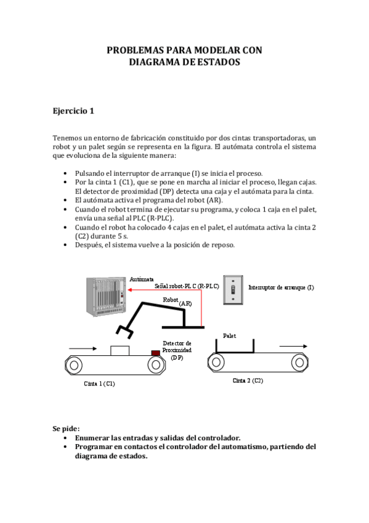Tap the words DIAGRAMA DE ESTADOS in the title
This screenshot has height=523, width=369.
pos(184,62)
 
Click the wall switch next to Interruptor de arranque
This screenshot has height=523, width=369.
pos(233,288)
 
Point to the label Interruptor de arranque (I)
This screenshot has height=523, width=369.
pos(281,287)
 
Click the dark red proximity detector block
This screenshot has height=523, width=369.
pos(156,352)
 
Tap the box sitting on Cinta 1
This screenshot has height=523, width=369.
pos(120,350)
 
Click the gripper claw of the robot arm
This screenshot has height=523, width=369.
pos(126,334)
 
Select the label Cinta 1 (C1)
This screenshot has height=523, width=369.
pos(99,383)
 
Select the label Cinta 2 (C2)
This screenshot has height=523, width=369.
pos(248,381)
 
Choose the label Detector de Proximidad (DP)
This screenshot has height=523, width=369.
pos(177,350)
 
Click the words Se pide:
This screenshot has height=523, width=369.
pos(66,429)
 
